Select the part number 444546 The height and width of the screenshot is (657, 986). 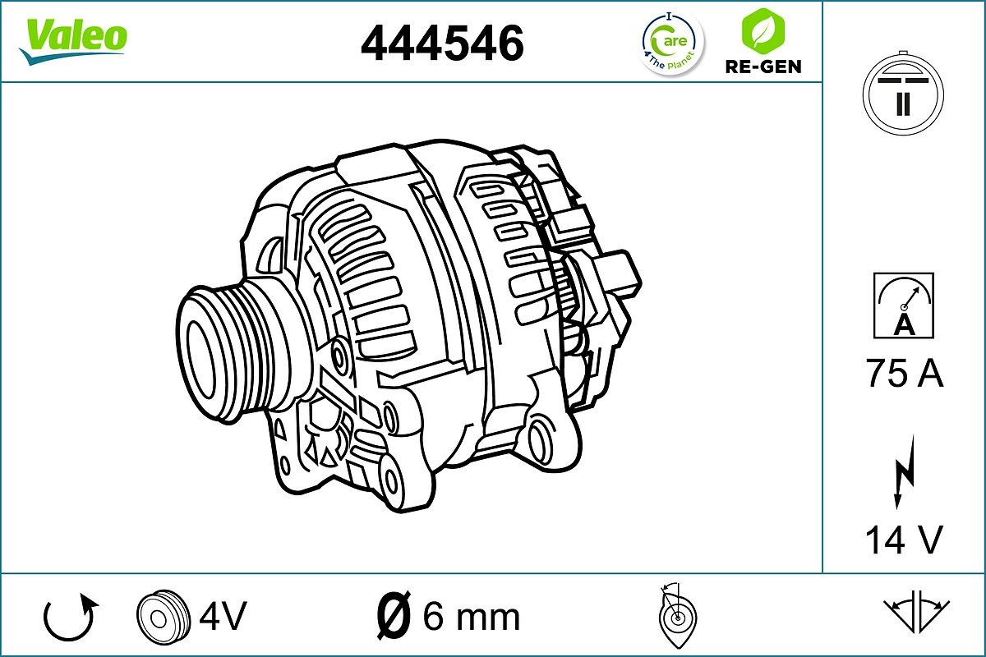tap(442, 43)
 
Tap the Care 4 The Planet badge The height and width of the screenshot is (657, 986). tap(671, 43)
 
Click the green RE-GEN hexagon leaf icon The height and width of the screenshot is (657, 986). tap(762, 31)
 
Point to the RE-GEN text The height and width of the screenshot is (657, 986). tap(763, 67)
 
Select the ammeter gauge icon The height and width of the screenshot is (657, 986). tap(903, 305)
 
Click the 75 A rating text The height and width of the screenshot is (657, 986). tap(904, 374)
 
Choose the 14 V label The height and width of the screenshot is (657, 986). tap(903, 540)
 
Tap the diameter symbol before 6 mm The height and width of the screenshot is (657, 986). tap(393, 615)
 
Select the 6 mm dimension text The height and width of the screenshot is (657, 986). tap(471, 616)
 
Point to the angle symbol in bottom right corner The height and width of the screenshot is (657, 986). tap(915, 612)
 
